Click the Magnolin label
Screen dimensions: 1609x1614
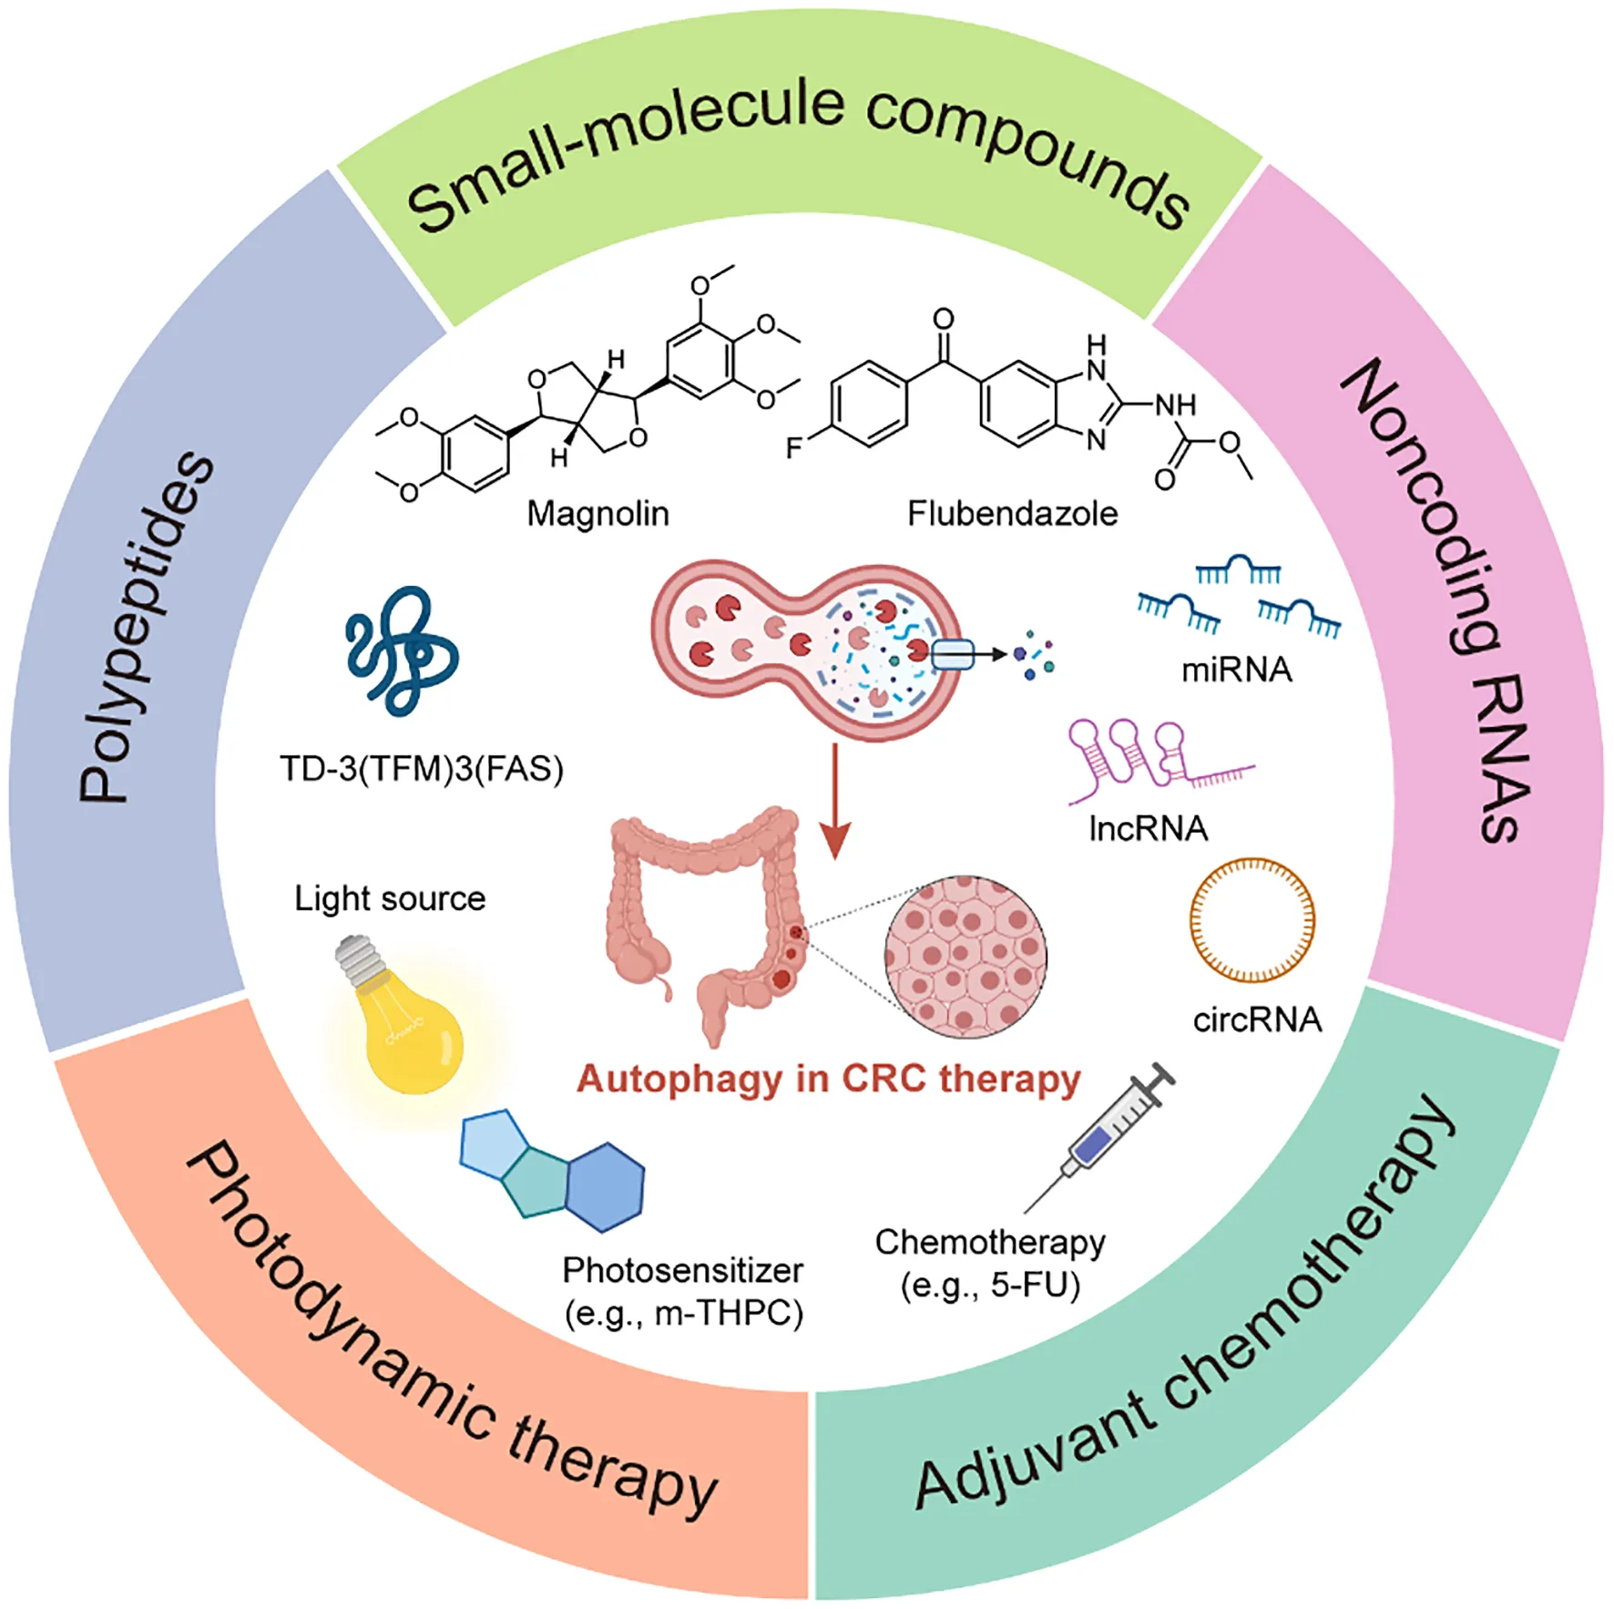pyautogui.click(x=598, y=514)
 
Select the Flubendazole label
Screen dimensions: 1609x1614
pyautogui.click(x=1012, y=514)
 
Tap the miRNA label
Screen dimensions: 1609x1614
pyautogui.click(x=1236, y=671)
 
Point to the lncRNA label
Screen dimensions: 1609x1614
pyautogui.click(x=1148, y=829)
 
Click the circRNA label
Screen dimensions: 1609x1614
pyautogui.click(x=1257, y=1020)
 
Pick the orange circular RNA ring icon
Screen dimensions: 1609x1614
pyautogui.click(x=1252, y=920)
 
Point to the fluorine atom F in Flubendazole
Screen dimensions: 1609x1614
pyautogui.click(x=794, y=448)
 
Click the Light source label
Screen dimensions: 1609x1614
pyautogui.click(x=390, y=899)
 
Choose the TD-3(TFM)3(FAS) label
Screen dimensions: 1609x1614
pyautogui.click(x=421, y=770)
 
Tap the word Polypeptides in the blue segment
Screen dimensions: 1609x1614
pyautogui.click(x=146, y=629)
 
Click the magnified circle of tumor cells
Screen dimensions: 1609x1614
pyautogui.click(x=965, y=957)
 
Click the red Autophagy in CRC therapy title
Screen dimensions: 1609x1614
pyautogui.click(x=828, y=1080)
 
